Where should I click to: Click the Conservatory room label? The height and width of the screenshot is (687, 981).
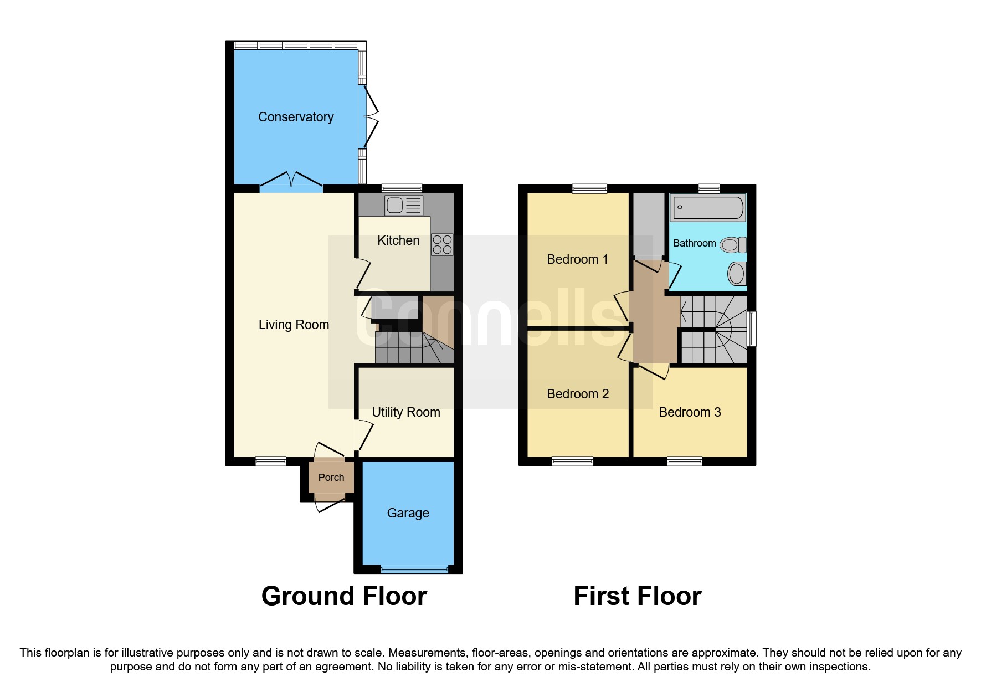[296, 117]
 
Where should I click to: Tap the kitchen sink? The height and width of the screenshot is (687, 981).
[403, 206]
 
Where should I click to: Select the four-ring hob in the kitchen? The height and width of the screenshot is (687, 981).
[442, 244]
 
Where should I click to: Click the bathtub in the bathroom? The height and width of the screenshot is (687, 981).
[707, 208]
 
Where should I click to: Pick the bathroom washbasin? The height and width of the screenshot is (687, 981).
[737, 273]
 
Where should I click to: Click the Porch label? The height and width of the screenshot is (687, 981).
[331, 478]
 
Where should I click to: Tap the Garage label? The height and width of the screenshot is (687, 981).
[408, 513]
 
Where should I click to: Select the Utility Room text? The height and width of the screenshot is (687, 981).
[405, 412]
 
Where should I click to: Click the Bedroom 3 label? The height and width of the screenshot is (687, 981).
[690, 412]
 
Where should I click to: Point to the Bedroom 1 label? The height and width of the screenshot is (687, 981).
[577, 259]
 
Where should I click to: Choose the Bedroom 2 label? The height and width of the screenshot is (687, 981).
[577, 394]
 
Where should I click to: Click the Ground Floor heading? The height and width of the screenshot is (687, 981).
[344, 596]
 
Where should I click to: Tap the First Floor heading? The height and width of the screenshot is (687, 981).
[637, 596]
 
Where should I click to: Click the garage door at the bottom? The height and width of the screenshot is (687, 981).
[414, 569]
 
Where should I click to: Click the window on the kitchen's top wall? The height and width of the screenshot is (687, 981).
[402, 188]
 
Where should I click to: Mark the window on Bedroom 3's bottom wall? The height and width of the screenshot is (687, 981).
[685, 461]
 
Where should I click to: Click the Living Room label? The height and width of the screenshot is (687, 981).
[294, 325]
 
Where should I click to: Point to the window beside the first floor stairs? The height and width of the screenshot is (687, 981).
[752, 329]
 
